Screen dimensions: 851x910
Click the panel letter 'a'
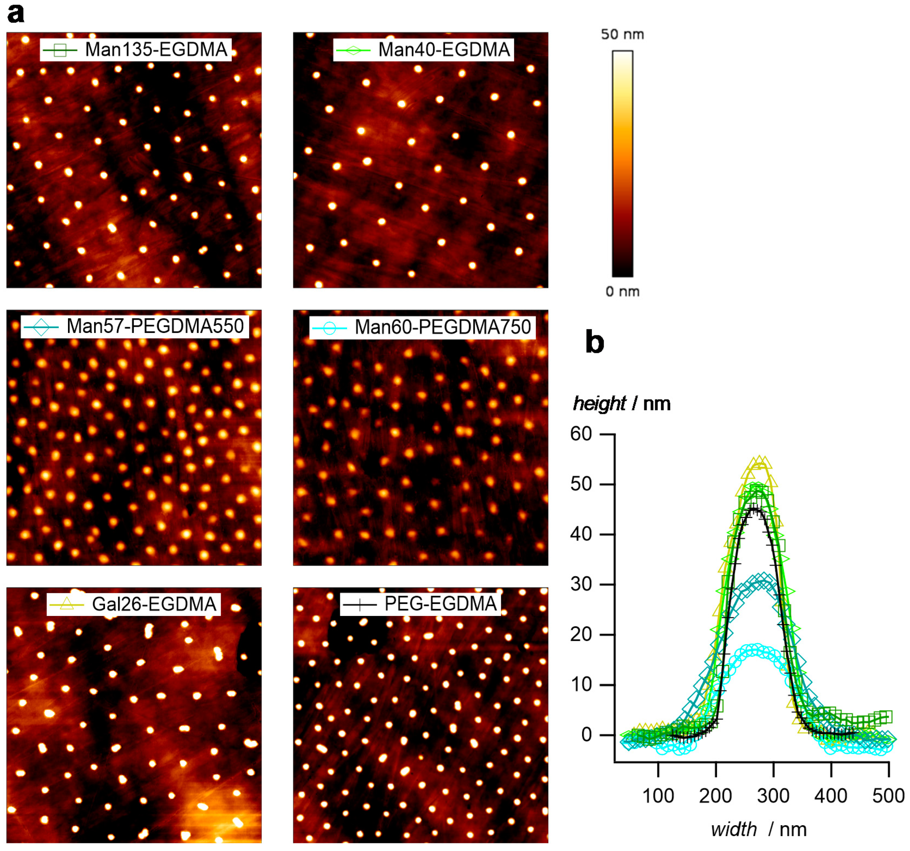coord(16,14)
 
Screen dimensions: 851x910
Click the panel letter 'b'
coord(595,342)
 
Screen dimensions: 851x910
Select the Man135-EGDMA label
coord(156,49)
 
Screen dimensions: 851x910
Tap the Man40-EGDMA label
coord(444,49)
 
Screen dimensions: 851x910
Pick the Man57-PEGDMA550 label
coord(155,326)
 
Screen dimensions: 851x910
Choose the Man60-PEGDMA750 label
coord(442,327)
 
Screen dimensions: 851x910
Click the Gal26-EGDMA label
coord(154,604)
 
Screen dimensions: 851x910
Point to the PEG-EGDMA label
coord(440,604)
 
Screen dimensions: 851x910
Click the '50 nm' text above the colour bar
coord(622,34)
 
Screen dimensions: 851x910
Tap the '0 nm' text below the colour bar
coord(622,291)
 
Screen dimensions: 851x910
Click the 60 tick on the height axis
coord(581,434)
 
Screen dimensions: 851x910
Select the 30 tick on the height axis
coord(581,584)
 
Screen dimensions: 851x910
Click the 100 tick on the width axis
coord(658,796)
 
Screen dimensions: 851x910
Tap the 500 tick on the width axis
coord(888,796)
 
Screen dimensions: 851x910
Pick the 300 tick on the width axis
coord(773,796)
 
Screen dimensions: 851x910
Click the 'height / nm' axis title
coord(622,403)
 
